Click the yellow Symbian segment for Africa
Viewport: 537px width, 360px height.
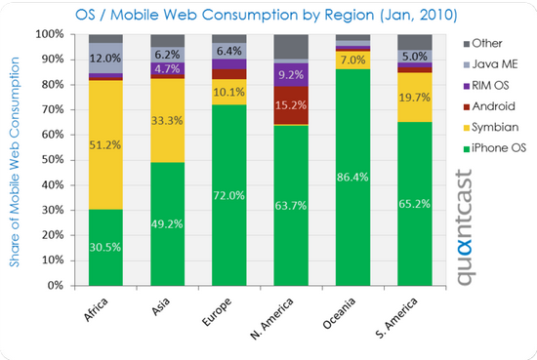click(105, 144)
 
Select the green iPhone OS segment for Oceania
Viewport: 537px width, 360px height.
click(352, 178)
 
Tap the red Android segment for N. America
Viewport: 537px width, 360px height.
click(291, 105)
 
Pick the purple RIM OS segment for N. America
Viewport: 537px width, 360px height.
click(291, 74)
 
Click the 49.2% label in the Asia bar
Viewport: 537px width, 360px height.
click(167, 224)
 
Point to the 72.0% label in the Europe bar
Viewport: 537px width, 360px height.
click(228, 195)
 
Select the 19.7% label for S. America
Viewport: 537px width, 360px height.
click(414, 98)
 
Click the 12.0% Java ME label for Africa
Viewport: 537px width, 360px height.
click(105, 59)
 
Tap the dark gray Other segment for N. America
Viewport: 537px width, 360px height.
click(291, 47)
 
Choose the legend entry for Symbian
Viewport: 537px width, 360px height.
click(491, 127)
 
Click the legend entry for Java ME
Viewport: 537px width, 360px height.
click(490, 64)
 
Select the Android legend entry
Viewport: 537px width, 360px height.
click(489, 106)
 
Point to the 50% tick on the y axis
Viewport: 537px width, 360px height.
click(53, 160)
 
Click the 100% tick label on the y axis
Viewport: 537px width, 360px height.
click(50, 34)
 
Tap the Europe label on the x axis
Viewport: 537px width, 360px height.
click(217, 312)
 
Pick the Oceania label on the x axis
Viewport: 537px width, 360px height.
click(339, 313)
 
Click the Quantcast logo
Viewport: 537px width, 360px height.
click(465, 227)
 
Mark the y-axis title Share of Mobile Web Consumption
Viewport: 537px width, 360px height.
click(14, 162)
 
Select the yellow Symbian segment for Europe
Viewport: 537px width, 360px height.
click(228, 92)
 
